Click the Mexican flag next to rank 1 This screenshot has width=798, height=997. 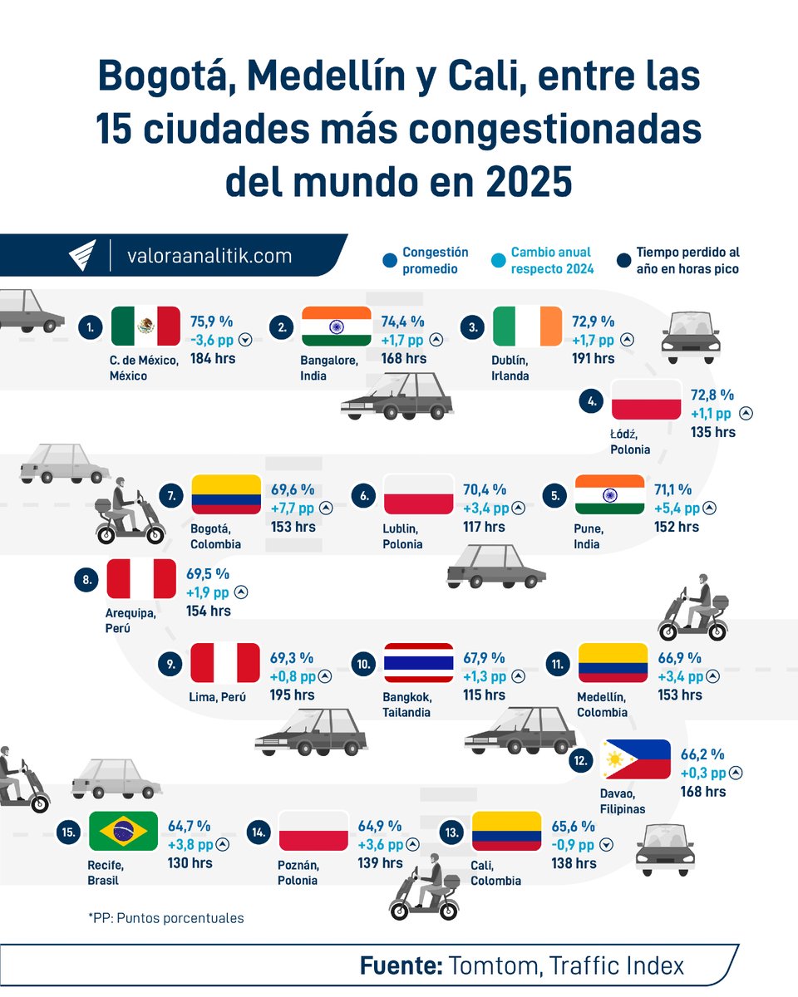click(x=145, y=326)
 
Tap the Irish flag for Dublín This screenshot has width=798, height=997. click(x=527, y=326)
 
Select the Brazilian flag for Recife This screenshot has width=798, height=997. click(x=123, y=830)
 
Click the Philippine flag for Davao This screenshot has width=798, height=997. click(x=635, y=759)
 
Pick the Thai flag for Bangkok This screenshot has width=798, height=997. click(x=418, y=663)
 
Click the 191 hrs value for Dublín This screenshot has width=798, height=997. click(x=594, y=358)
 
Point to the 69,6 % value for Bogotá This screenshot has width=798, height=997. click(x=293, y=490)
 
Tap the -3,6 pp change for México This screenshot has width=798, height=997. click(x=212, y=339)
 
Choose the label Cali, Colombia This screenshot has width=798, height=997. click(x=495, y=873)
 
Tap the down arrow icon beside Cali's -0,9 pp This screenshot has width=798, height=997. click(x=606, y=845)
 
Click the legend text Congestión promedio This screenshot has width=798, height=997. click(x=435, y=260)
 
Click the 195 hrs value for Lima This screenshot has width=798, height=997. click(x=293, y=695)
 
